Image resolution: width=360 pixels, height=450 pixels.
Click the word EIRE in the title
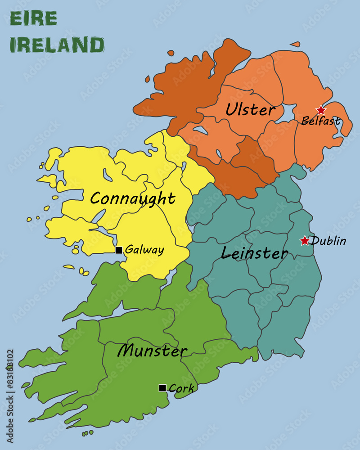(x=33, y=19)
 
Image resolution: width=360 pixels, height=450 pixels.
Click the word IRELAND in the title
(x=57, y=45)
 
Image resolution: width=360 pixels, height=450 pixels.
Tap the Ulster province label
(x=250, y=110)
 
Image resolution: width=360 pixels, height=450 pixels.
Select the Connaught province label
(x=133, y=198)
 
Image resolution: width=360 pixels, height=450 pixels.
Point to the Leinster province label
(x=254, y=253)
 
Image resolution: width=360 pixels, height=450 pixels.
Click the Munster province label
(x=152, y=351)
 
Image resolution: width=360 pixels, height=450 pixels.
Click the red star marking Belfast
(x=320, y=110)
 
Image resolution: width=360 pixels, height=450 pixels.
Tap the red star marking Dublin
(x=305, y=241)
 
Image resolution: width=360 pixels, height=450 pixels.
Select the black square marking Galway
(x=119, y=250)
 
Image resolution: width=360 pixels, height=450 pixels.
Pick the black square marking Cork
(x=162, y=388)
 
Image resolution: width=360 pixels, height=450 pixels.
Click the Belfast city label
(x=320, y=121)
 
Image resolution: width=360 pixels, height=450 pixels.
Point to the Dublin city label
(x=329, y=241)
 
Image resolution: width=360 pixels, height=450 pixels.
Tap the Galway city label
(x=144, y=250)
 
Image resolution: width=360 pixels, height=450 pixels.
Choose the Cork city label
(x=181, y=388)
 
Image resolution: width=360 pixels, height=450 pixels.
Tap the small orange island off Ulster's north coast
(x=295, y=44)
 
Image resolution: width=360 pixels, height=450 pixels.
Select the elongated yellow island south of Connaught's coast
(x=68, y=267)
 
